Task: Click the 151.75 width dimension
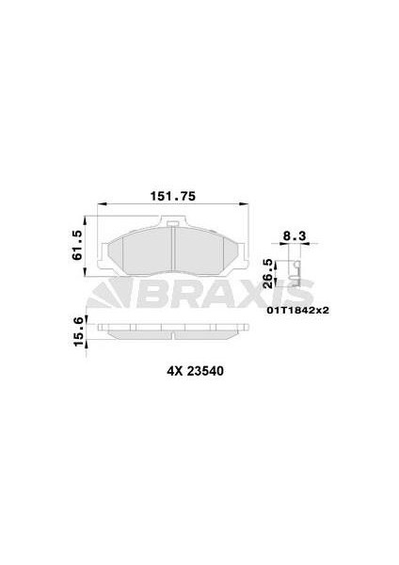(174, 196)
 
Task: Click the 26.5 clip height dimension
(268, 270)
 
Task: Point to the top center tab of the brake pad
(174, 224)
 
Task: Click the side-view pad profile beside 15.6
(174, 331)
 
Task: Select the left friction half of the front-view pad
(141, 251)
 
